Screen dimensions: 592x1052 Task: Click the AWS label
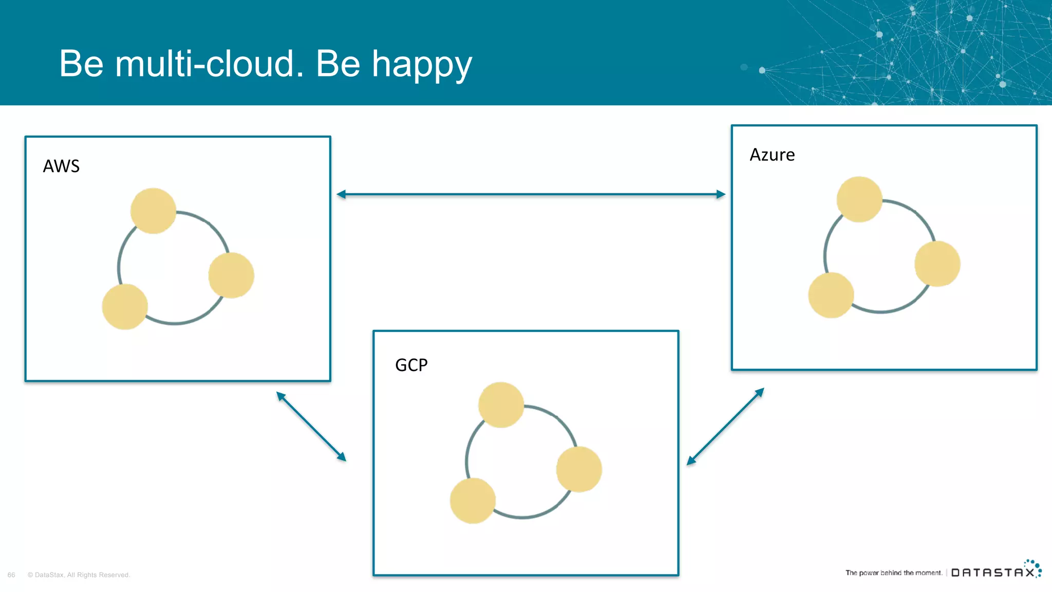click(61, 166)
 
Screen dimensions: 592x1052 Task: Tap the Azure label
click(772, 155)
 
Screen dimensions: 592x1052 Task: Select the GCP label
click(411, 365)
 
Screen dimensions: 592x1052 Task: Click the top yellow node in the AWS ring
click(153, 211)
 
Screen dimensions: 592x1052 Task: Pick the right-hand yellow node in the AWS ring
click(231, 275)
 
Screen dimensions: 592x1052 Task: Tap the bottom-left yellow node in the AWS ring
click(125, 307)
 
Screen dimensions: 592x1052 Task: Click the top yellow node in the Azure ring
click(859, 199)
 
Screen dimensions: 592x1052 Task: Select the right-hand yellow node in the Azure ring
click(937, 264)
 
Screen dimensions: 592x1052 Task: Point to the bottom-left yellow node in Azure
click(831, 295)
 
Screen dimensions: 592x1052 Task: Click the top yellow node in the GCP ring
click(501, 405)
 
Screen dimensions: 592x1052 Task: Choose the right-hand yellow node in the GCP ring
click(579, 469)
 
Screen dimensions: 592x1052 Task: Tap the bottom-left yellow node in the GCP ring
click(473, 501)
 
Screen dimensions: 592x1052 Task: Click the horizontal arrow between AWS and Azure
click(531, 194)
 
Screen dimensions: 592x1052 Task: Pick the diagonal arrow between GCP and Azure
click(725, 427)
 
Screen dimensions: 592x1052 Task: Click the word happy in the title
click(421, 65)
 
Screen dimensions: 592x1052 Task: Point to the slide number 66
click(11, 575)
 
